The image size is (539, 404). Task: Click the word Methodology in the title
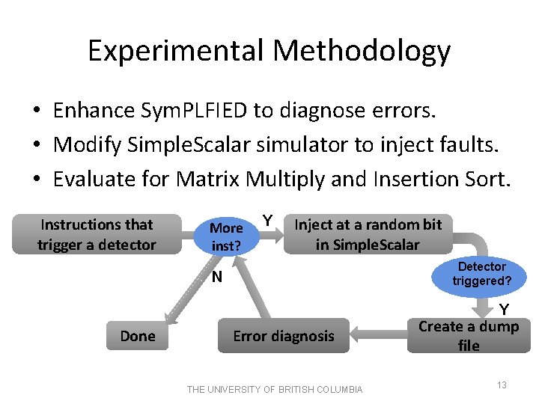[x=362, y=51]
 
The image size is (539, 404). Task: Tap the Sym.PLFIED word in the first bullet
[x=195, y=111]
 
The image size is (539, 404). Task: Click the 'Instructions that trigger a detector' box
[x=97, y=234]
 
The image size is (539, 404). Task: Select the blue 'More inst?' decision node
[x=226, y=236]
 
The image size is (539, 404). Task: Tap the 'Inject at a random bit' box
[x=368, y=234]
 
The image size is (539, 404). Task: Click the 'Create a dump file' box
[x=469, y=335]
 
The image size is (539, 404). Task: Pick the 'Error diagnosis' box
[x=284, y=336]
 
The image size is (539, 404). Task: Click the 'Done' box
[x=138, y=336]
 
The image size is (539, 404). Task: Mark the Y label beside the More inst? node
[x=266, y=221]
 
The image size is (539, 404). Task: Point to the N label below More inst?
[x=216, y=278]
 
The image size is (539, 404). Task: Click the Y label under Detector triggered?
[x=505, y=309]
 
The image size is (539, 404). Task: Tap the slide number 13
[x=502, y=385]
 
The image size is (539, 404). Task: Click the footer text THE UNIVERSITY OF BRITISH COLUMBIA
[x=275, y=389]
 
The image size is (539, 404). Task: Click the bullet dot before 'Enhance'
[x=36, y=111]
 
